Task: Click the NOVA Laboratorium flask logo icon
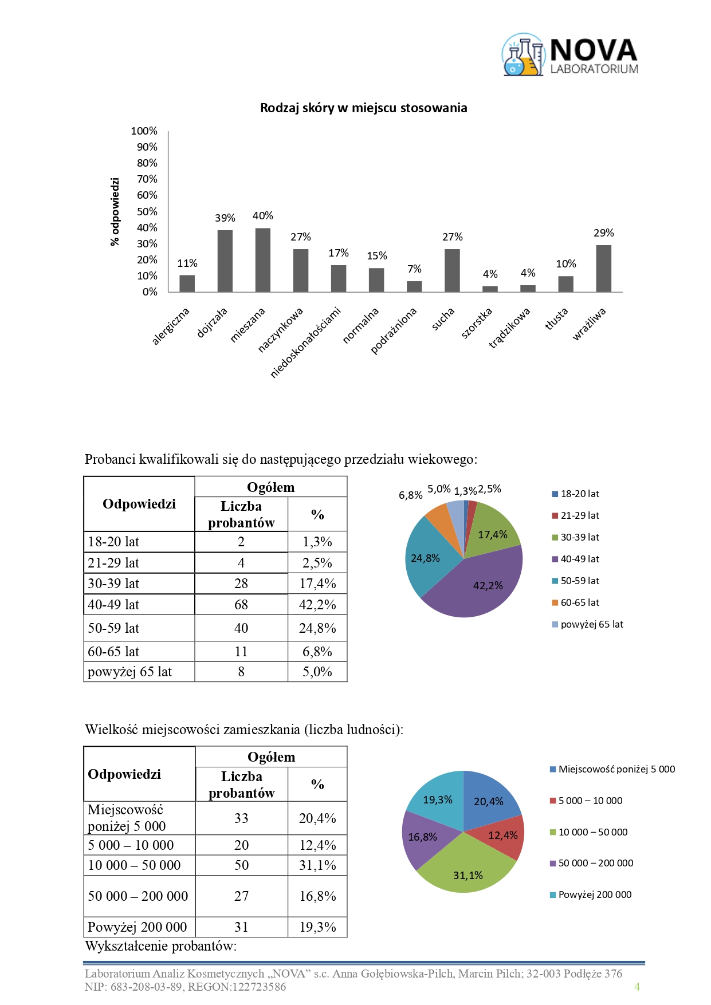click(523, 55)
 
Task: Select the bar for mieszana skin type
click(262, 261)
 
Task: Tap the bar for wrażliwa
click(603, 269)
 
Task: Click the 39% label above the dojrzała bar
click(225, 218)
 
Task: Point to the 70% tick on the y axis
click(147, 179)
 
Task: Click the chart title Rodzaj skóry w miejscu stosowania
click(363, 108)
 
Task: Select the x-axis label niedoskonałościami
click(306, 342)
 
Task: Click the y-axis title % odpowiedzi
click(115, 212)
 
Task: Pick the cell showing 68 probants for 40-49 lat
click(241, 605)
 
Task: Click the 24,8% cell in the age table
click(317, 628)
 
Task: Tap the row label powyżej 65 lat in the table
click(130, 672)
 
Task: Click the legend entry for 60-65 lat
click(579, 602)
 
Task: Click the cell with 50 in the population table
click(241, 865)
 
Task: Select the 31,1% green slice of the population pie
click(467, 870)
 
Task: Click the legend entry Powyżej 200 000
click(594, 894)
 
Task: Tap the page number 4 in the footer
click(637, 987)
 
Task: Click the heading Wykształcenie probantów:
click(161, 946)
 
